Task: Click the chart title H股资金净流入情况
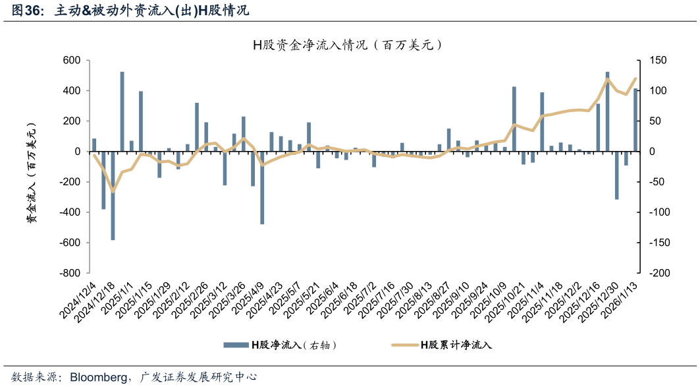pyautogui.click(x=346, y=45)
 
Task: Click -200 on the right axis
pyautogui.click(x=659, y=273)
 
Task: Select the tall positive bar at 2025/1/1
pyautogui.click(x=122, y=111)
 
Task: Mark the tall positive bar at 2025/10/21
pyautogui.click(x=514, y=119)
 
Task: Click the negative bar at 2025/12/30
pyautogui.click(x=617, y=175)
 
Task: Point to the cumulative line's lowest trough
pyautogui.click(x=113, y=192)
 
